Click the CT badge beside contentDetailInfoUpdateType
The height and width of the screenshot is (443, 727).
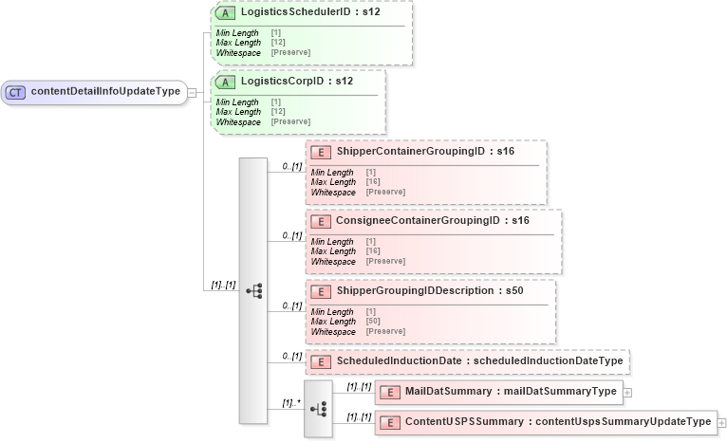(16, 92)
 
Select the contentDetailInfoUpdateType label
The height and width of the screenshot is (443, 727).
(105, 92)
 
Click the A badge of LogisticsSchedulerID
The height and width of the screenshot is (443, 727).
(225, 14)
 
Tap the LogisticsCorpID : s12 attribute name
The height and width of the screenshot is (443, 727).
(296, 82)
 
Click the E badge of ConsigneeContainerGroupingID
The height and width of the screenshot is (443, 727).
(321, 221)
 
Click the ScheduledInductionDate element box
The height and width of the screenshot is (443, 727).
(468, 361)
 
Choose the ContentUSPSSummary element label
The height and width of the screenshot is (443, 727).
(557, 422)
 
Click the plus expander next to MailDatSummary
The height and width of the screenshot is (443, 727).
(626, 392)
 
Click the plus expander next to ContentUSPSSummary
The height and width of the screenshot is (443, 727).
(721, 422)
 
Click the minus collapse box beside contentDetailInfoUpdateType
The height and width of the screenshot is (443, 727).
(192, 92)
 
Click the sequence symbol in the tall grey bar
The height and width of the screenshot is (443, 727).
(253, 290)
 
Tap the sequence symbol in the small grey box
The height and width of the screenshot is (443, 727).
(318, 408)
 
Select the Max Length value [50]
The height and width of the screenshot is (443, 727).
(373, 322)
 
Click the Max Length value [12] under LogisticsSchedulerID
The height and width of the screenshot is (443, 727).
(278, 42)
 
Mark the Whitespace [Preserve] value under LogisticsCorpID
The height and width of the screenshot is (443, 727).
(289, 121)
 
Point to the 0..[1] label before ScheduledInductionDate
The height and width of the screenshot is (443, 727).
(292, 357)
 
